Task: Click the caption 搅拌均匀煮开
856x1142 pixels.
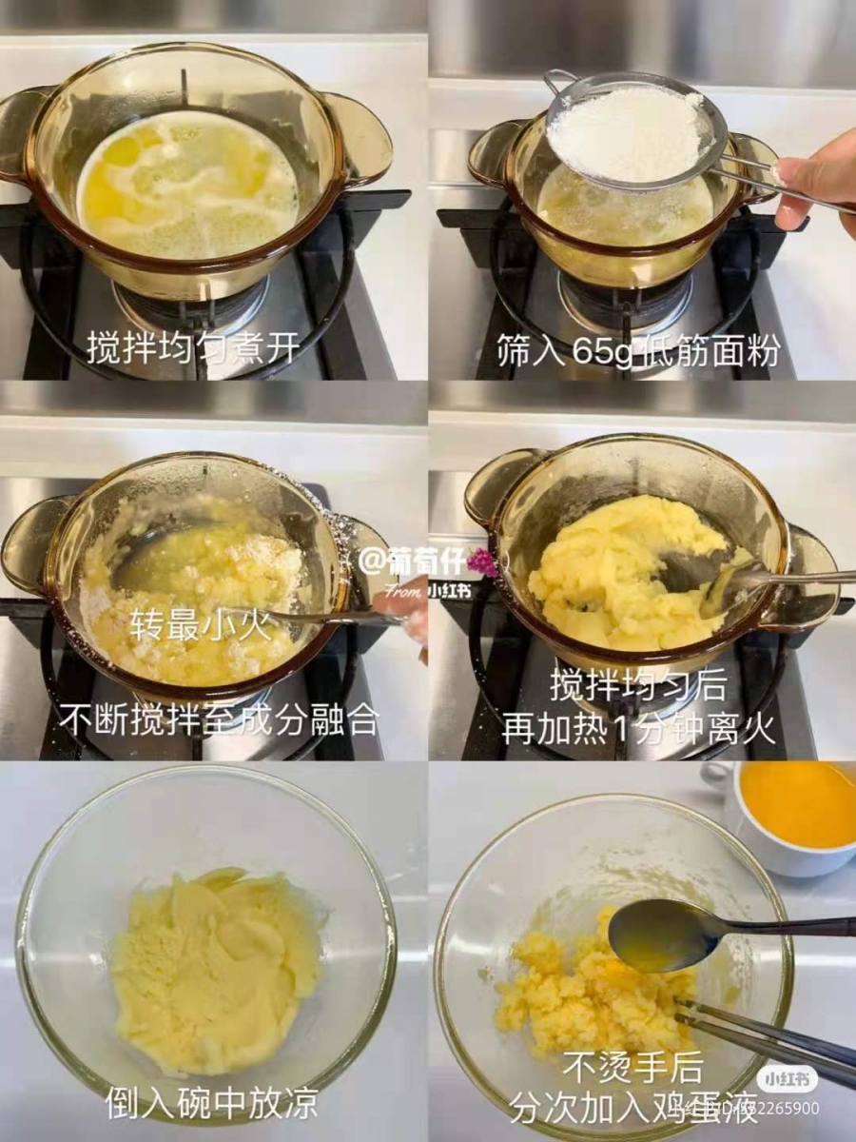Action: [194, 348]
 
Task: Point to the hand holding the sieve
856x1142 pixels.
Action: [819, 180]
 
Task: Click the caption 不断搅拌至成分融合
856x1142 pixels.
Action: [219, 719]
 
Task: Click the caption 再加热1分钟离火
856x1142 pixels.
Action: [638, 729]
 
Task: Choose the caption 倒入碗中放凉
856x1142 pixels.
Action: [210, 1104]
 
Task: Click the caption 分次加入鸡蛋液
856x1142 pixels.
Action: [632, 1108]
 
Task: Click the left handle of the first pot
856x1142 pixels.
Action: [23, 133]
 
